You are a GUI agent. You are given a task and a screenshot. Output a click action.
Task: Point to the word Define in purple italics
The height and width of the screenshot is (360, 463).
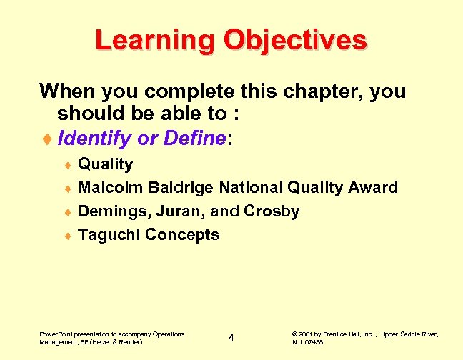click(194, 138)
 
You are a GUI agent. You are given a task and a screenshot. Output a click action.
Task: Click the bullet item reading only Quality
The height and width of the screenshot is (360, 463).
click(105, 164)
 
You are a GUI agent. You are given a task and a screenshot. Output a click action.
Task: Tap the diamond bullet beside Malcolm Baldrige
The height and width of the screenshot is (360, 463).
click(66, 189)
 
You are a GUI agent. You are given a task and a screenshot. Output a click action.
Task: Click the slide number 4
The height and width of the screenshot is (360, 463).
click(231, 337)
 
